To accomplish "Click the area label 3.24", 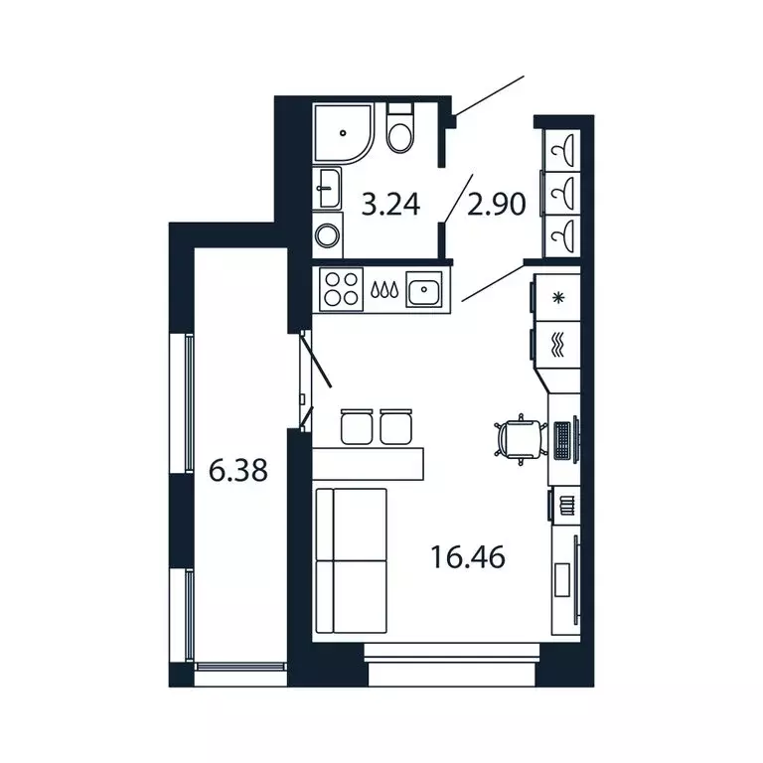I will (x=390, y=207).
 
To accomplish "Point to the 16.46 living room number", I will (x=468, y=557).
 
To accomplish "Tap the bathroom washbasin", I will (x=327, y=188).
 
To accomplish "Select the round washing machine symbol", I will (x=327, y=235).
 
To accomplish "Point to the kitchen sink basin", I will (x=425, y=290).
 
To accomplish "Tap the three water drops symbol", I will (x=383, y=291).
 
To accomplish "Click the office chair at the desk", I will (x=519, y=438).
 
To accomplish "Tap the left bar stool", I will (x=355, y=425).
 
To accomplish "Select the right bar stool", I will (x=395, y=425).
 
